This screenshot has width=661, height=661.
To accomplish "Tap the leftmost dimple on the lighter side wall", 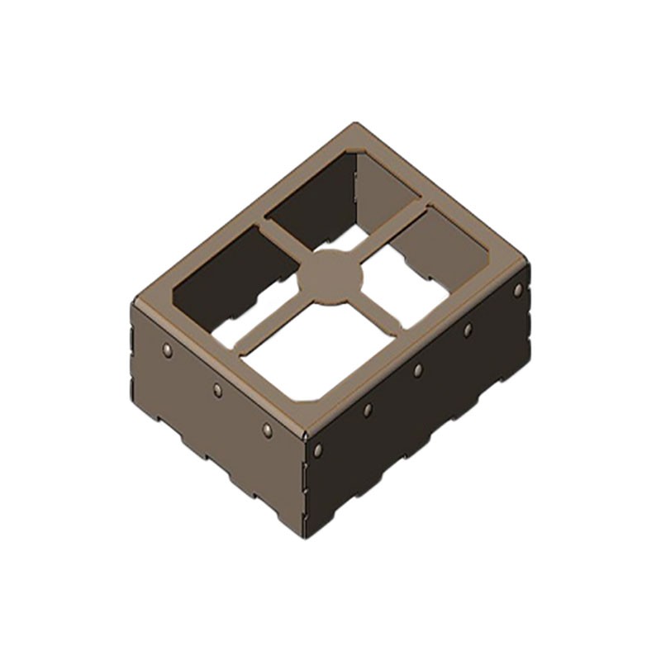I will coord(168,350).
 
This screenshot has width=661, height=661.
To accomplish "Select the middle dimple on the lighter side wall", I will coord(217,390).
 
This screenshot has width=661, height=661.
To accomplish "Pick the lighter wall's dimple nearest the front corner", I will coord(267,430).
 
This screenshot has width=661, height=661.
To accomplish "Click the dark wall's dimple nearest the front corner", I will coord(318,449).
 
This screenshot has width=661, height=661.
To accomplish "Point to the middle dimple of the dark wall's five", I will coord(418,369).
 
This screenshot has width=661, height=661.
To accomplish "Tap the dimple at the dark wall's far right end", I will coord(518,289).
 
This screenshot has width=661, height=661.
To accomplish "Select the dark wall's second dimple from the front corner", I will coord(368,409).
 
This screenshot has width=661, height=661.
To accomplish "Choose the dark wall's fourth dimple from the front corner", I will coord(468,330).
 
